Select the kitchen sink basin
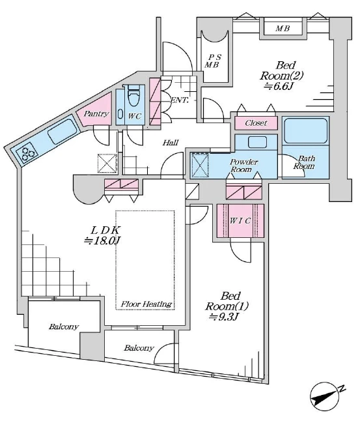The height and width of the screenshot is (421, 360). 62,132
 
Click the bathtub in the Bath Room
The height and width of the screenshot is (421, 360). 305,131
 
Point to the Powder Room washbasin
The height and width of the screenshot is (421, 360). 257,142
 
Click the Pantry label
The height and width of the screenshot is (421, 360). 96,114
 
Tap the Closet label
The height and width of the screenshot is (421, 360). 256,123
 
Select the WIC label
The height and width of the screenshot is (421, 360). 240,221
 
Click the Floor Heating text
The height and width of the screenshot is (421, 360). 146,304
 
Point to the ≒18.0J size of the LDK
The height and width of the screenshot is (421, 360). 102,240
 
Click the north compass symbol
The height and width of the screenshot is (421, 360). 325,397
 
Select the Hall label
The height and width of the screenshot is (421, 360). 171,142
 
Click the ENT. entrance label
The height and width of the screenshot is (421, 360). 179,100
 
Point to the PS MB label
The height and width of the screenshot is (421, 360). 214,61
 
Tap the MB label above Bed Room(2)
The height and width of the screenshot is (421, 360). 283,28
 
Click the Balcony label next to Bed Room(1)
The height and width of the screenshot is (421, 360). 139,348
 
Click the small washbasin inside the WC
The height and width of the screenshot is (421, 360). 120,114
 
